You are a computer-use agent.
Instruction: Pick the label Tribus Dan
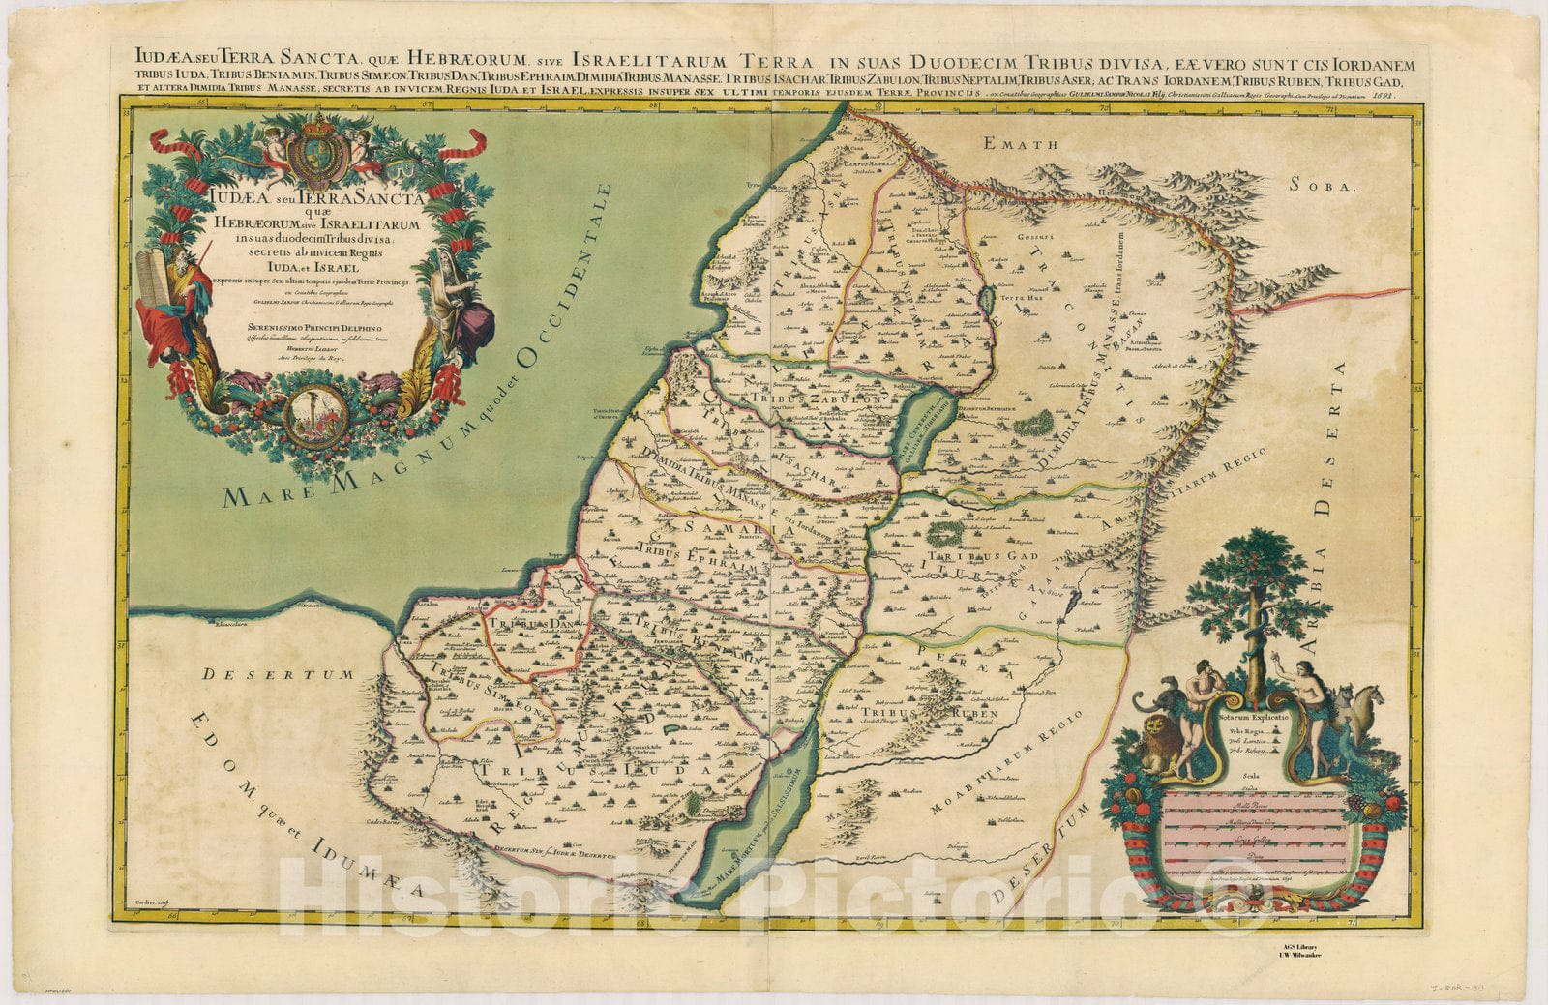[517, 624]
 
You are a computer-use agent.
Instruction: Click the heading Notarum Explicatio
[1255, 719]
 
